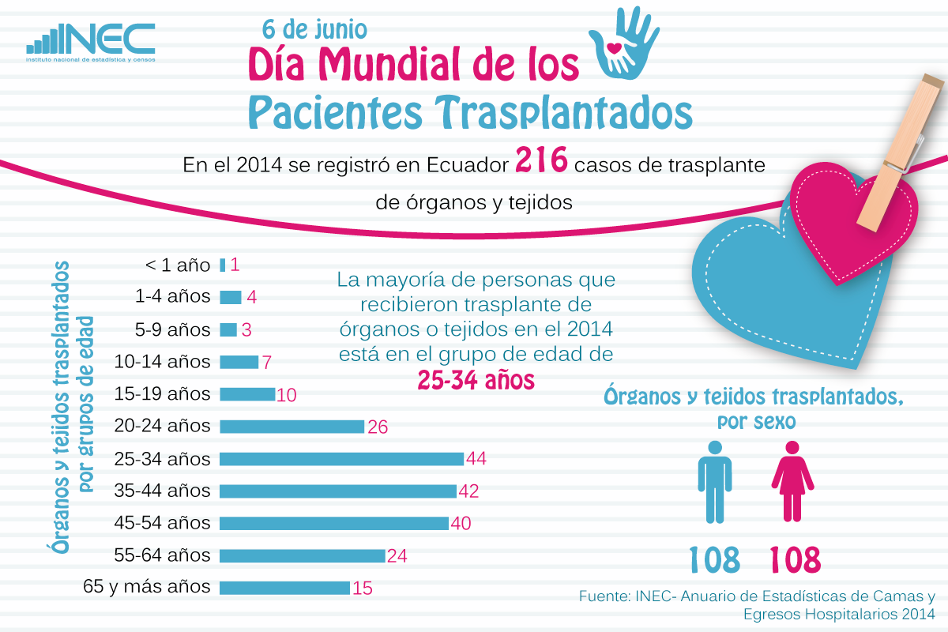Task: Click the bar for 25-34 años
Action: (341, 459)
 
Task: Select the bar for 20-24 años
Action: (292, 427)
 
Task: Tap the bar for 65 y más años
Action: (284, 588)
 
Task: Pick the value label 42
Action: (468, 491)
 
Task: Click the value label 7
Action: (267, 363)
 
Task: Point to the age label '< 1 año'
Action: (178, 265)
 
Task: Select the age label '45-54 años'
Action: (163, 523)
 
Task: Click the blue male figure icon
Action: (715, 481)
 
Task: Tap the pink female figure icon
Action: (792, 481)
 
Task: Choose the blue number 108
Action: (715, 559)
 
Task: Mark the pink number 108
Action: (796, 559)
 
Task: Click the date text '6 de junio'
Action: (315, 29)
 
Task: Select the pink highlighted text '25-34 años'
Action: (476, 381)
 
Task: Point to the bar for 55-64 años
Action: (302, 555)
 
